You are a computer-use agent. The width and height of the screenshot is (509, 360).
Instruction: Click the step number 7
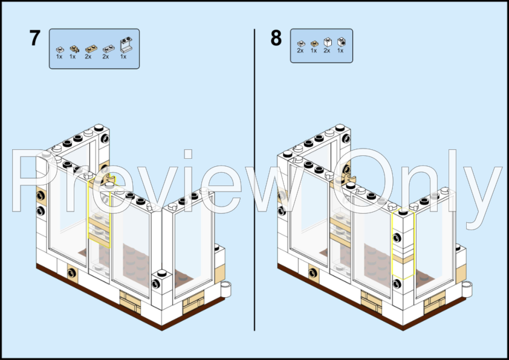[x=34, y=38]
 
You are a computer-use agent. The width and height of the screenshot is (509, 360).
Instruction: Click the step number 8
[x=276, y=38]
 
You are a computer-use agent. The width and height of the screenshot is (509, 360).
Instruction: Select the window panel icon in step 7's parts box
[x=126, y=45]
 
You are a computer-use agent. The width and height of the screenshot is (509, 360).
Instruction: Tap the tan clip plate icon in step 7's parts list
[x=74, y=49]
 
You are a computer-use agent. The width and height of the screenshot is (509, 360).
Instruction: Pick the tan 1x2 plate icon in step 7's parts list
[x=91, y=49]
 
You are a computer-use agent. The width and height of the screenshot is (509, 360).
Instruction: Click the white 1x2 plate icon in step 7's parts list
[x=109, y=49]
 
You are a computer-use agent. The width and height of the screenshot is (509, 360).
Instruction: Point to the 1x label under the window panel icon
[x=123, y=57]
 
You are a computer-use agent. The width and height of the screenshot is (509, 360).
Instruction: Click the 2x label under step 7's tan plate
[x=88, y=57]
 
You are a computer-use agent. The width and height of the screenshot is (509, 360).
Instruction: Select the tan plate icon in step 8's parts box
[x=314, y=43]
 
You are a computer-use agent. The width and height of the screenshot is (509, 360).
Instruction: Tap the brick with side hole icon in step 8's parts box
[x=341, y=42]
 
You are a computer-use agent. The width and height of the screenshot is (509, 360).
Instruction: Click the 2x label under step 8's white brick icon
[x=327, y=51]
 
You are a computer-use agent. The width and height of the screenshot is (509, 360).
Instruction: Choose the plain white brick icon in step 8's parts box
[x=328, y=42]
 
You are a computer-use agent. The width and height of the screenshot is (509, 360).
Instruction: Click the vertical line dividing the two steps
[x=254, y=179]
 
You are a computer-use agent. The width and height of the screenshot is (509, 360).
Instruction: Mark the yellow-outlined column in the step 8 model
[x=403, y=244]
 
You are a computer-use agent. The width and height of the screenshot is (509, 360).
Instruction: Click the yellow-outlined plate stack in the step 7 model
[x=100, y=211]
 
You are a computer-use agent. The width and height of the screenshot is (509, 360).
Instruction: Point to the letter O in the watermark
[x=363, y=181]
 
